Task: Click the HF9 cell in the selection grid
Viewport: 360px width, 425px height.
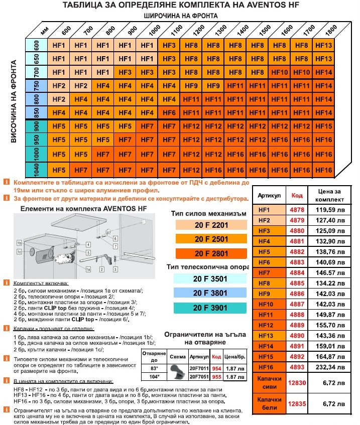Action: tap(212, 85)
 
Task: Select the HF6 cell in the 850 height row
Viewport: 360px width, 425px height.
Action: tap(169, 112)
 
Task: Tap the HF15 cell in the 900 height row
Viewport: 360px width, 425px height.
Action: tap(323, 126)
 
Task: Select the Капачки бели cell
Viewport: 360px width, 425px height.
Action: tap(270, 403)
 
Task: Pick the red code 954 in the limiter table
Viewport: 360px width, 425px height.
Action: tap(216, 368)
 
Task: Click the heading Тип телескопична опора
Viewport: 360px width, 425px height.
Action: tap(210, 265)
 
